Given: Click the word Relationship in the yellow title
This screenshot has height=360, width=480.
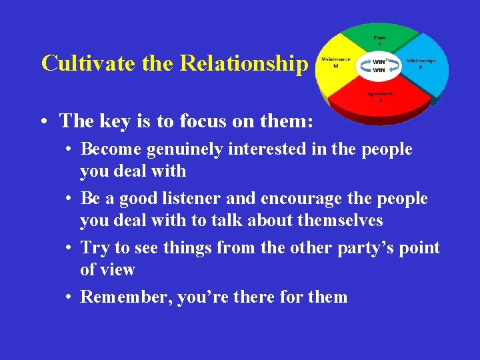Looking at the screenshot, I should coord(245,63).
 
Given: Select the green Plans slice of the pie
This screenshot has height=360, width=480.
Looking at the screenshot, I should coord(380,41).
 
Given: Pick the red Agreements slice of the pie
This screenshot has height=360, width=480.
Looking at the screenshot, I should coord(380,100).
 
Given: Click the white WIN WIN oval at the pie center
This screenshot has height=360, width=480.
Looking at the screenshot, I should coord(379,65).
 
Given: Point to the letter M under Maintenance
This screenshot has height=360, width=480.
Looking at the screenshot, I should coord(335,67).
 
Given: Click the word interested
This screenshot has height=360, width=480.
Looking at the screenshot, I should coord(260,149).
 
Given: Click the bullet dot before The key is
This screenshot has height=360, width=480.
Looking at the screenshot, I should coord(43,121).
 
